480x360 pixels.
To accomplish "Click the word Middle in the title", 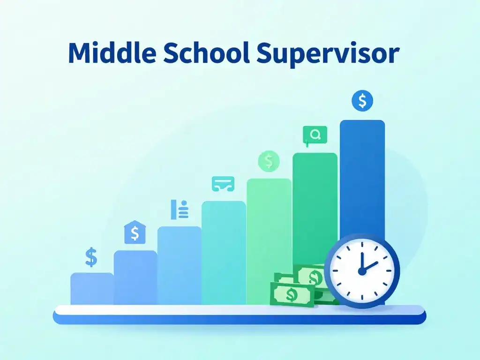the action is coord(112,52).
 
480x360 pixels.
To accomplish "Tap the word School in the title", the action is coord(206,52).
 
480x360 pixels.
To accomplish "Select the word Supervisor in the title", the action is coord(328,54).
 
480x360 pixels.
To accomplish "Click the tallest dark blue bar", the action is coord(362,178).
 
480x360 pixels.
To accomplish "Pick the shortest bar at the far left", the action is coord(92,289).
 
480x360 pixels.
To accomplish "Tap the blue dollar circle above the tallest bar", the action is coord(362,101).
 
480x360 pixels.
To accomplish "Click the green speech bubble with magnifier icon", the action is coord(315,135).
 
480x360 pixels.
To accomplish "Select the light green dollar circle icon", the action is coord(269,161).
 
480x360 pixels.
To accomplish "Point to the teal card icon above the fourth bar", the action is coord(223,184).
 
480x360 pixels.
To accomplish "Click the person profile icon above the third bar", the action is coord(180,210).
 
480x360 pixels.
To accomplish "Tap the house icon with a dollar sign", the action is coord(135,232).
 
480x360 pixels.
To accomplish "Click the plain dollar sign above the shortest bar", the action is coord(91,257).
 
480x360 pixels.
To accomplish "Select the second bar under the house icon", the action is coord(135,277).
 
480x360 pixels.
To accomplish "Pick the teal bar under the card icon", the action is coord(224,253).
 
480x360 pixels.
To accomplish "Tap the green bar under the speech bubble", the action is coord(315,208).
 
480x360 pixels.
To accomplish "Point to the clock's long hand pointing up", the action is coord(362,261).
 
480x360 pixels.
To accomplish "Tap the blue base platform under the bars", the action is coord(240,315).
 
